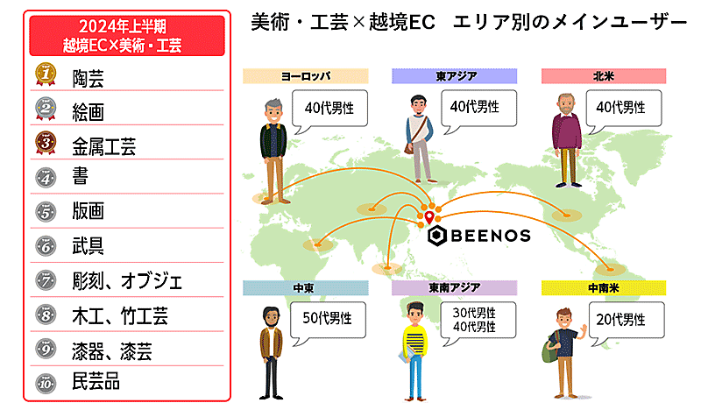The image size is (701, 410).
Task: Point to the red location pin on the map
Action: [428, 214]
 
